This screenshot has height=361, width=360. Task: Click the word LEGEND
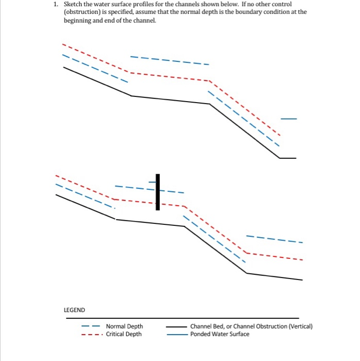[74, 310]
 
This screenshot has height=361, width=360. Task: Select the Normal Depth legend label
[124, 326]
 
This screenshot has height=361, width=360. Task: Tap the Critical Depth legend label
[124, 334]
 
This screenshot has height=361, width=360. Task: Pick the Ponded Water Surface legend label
[220, 334]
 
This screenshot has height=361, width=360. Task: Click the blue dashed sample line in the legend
[90, 326]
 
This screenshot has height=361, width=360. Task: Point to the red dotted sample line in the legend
[91, 335]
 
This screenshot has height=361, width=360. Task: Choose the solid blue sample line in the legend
[177, 335]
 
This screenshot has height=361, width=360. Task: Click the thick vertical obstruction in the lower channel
[158, 192]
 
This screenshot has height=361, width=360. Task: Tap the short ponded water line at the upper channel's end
[289, 119]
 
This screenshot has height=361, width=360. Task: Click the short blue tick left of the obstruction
[152, 182]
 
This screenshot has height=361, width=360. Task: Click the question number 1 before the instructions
[56, 4]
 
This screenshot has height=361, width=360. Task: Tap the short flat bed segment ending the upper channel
[288, 158]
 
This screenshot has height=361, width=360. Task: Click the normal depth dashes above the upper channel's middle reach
[170, 60]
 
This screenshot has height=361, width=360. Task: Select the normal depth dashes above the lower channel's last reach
[274, 239]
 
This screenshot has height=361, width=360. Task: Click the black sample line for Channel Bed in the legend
[176, 326]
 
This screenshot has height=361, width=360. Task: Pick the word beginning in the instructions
[77, 21]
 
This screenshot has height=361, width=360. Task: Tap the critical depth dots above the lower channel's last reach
[274, 257]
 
